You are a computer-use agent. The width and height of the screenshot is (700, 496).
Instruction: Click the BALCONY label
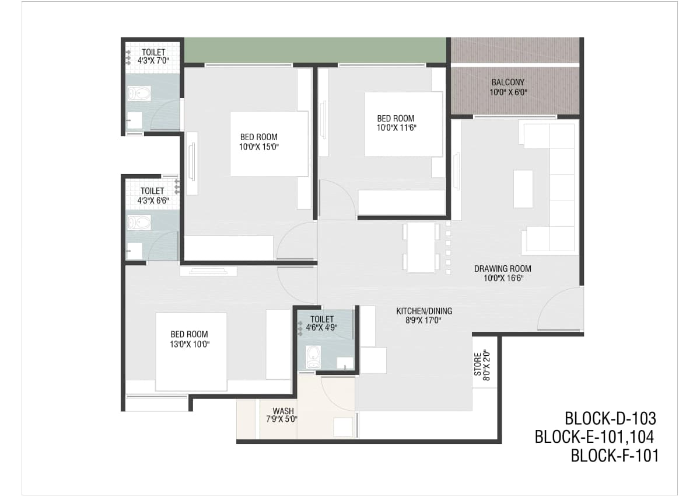tap(508, 82)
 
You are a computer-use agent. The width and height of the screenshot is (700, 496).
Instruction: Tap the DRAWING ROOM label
tap(502, 269)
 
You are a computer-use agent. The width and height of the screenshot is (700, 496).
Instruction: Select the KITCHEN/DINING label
tap(424, 311)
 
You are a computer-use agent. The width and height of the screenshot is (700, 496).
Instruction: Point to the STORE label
tap(478, 365)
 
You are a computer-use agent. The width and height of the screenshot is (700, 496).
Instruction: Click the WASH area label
tap(283, 411)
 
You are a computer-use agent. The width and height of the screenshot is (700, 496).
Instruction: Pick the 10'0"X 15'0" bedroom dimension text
tap(259, 147)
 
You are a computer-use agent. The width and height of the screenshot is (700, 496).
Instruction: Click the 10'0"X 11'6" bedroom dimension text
tap(396, 128)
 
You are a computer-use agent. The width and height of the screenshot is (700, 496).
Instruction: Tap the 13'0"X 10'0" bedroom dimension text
tap(190, 344)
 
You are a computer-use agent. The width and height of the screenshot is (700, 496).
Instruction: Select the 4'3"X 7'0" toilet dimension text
tap(153, 60)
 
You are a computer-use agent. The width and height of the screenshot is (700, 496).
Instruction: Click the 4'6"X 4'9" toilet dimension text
tap(322, 328)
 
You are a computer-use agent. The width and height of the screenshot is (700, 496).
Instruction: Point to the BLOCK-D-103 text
tap(610, 418)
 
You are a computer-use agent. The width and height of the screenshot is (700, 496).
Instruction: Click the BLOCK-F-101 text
tap(615, 456)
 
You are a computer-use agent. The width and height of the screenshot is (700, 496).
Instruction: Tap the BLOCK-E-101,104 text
tap(594, 437)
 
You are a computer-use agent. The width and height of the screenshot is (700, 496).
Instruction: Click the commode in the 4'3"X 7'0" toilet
tap(139, 93)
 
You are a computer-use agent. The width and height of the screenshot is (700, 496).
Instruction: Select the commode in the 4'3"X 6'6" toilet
tap(139, 223)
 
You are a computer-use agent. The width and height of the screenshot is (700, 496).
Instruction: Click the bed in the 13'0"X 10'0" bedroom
tap(191, 352)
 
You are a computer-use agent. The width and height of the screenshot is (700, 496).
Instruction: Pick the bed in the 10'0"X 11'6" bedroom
tap(404, 124)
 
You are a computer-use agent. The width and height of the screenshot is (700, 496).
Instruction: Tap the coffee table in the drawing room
tap(523, 189)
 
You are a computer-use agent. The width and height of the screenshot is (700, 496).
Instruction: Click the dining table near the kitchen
tap(421, 247)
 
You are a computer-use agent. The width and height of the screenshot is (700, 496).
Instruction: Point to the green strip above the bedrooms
tap(315, 50)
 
